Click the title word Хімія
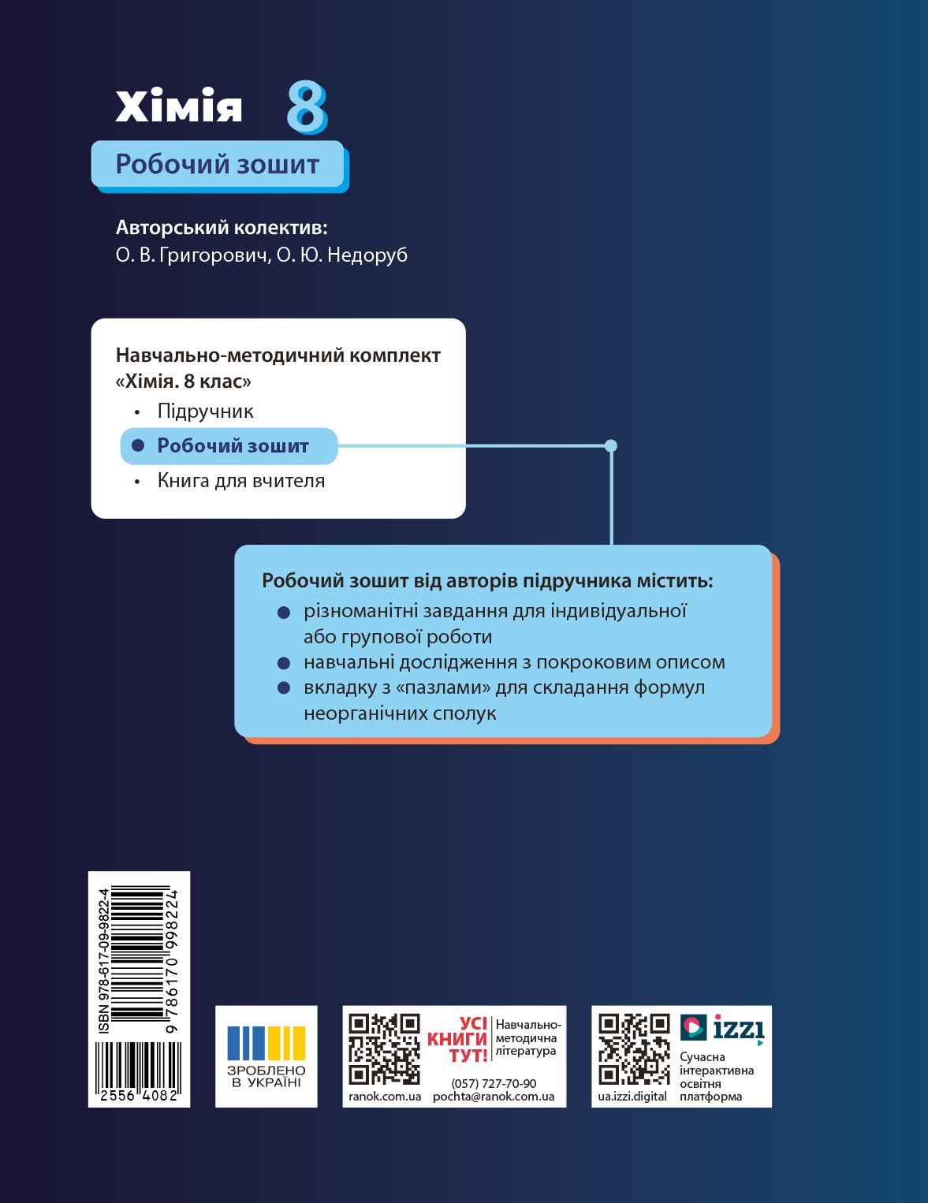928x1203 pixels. (179, 106)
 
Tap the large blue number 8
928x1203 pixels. (306, 107)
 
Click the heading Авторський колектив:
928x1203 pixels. (222, 228)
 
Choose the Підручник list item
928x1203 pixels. (205, 412)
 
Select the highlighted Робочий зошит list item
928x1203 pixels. (232, 446)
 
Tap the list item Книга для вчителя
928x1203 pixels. (240, 481)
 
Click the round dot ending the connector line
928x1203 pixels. (611, 446)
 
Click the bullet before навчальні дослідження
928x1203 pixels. (285, 662)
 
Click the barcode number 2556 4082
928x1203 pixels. (139, 1096)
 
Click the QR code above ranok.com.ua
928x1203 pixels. (384, 1048)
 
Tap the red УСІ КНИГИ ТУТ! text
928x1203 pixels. (459, 1040)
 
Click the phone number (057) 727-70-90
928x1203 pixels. (494, 1084)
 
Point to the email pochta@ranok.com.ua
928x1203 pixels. (494, 1097)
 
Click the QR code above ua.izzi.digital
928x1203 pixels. (634, 1048)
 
